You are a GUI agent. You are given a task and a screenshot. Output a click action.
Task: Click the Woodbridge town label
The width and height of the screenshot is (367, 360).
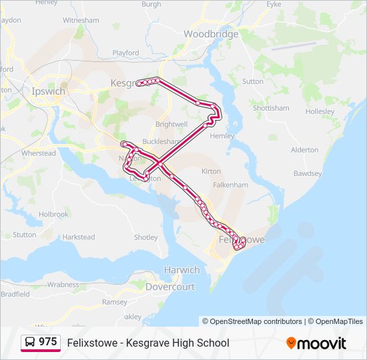pos(210,33)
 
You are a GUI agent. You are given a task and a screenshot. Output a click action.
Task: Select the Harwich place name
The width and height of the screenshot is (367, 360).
pos(181,270)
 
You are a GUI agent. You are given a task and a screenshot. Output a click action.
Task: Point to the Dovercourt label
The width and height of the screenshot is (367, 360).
pos(170,287)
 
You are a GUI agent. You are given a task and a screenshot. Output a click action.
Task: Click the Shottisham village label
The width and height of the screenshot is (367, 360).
pos(271,108)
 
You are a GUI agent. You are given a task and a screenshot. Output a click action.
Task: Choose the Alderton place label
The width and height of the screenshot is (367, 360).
pos(305,150)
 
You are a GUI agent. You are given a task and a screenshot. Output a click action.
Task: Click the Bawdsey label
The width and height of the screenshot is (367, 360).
pos(308,173)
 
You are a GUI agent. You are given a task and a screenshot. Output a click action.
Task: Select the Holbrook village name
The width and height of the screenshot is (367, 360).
pos(53,215)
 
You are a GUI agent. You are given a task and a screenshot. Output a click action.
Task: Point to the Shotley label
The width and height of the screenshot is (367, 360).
pos(146,237)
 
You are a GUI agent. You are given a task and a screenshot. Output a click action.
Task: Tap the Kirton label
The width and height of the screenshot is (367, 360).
pos(211,171)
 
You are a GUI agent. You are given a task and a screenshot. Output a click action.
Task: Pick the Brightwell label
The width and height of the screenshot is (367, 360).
pos(171,125)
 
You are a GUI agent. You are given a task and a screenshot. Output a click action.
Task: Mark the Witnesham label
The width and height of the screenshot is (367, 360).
pos(81,20)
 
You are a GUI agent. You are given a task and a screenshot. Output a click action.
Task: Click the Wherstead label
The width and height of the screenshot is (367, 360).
pos(39,153)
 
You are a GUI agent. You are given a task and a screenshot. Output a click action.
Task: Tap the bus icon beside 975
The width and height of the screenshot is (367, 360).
pos(30,342)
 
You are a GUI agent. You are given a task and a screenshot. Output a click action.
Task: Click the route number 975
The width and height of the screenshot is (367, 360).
pos(48,342)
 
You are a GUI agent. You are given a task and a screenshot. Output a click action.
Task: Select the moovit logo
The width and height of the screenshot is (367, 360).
pos(316,343)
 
